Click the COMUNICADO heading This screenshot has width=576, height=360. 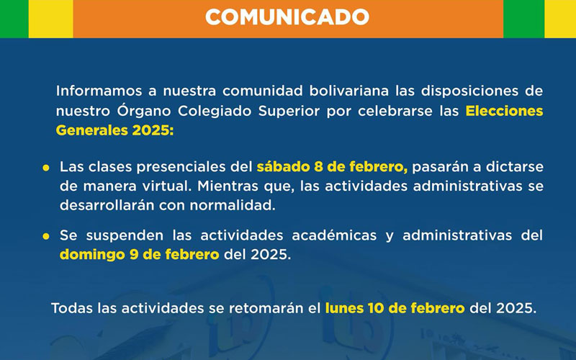287,17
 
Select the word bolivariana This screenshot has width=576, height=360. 342,92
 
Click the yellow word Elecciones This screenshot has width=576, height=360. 504,112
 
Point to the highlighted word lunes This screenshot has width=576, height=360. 344,308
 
